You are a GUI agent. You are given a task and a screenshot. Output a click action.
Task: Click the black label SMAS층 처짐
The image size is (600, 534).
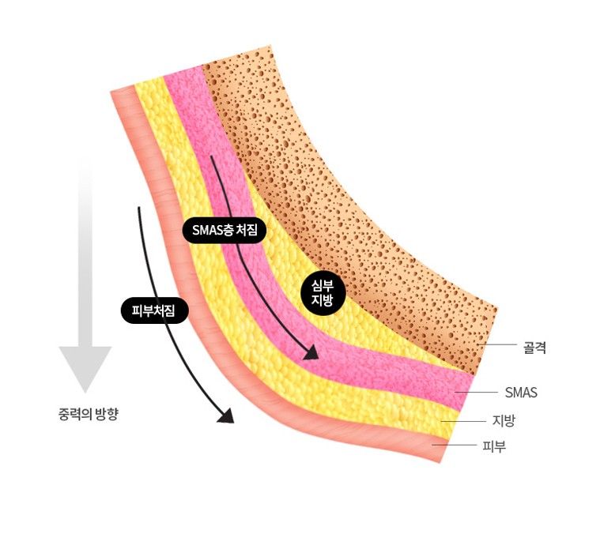(225, 230)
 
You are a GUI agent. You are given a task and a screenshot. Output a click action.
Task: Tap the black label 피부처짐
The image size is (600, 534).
(154, 310)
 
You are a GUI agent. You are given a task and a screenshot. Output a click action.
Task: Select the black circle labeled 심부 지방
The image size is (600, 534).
(323, 292)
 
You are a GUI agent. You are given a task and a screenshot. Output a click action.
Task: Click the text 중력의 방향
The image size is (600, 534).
(89, 413)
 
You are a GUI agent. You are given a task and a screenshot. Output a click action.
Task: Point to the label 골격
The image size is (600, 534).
(535, 345)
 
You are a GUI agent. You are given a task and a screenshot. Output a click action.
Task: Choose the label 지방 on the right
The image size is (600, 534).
(504, 420)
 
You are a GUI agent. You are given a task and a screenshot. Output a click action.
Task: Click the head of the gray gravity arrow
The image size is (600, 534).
(85, 367)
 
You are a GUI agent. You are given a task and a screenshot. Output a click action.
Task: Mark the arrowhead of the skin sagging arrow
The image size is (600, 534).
(226, 416)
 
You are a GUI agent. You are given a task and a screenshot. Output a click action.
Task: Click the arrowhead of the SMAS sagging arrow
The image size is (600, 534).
(311, 352)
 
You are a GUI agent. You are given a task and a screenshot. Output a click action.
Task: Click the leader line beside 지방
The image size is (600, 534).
(462, 421)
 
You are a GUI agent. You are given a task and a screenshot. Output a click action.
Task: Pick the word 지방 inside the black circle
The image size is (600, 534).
(323, 300)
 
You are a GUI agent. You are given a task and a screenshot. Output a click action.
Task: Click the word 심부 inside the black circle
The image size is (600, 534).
(323, 284)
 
